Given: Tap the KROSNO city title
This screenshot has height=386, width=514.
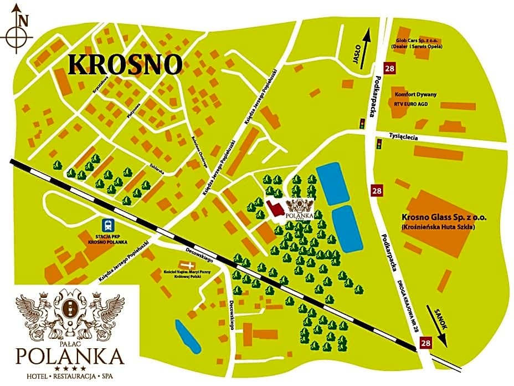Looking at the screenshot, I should (125, 65).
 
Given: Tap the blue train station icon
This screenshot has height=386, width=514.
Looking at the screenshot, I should (107, 225).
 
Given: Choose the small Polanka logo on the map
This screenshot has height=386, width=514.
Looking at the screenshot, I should (300, 209).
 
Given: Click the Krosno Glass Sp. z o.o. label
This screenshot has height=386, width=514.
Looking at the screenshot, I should (437, 219).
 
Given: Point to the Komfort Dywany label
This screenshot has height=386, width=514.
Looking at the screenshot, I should (415, 94).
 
